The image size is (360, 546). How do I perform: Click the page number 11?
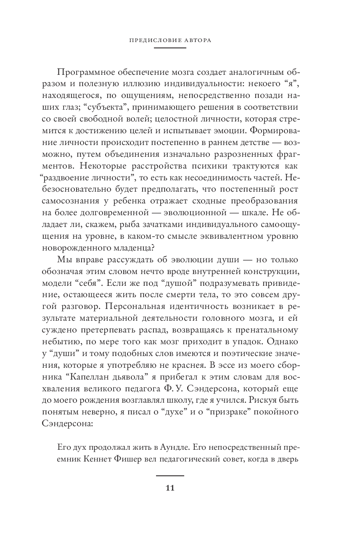coord(170,488)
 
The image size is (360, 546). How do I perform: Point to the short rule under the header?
coord(170,48)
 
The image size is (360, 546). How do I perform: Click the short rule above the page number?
coord(170,475)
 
